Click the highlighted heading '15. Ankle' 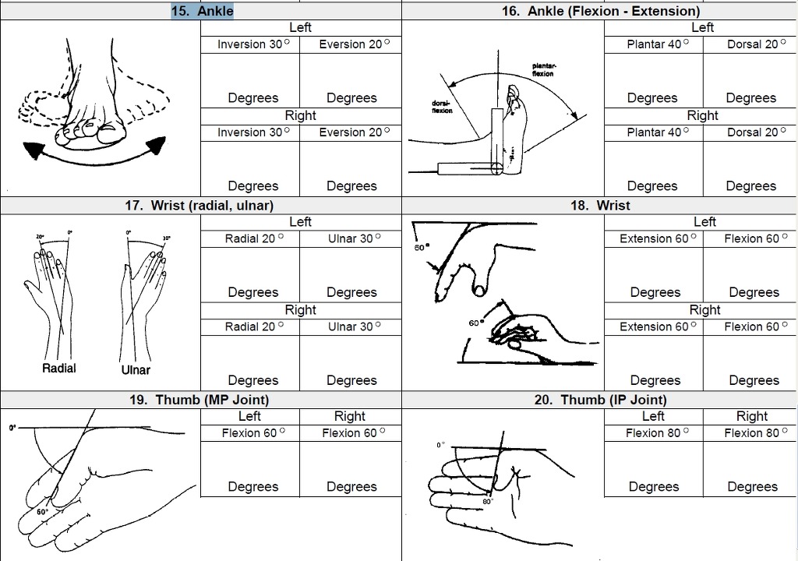pos(202,11)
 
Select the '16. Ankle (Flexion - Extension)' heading pos(601,11)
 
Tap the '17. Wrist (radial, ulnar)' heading pos(199,205)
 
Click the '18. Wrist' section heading pos(600,205)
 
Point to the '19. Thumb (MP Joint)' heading pos(199,400)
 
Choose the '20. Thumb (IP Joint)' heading pos(601,400)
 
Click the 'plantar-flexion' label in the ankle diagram pos(544,70)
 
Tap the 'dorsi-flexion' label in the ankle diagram pos(442,107)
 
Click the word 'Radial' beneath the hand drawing pos(59,368)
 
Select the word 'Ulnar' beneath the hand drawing pos(136,369)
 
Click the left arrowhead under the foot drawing pos(32,150)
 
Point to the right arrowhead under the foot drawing pos(157,145)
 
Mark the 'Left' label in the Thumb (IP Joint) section pos(653,416)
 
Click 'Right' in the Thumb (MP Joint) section pos(350,416)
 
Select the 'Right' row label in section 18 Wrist pos(704,310)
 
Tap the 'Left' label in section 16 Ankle pos(702,27)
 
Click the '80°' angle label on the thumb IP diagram pos(488,502)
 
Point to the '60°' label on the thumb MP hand pos(42,511)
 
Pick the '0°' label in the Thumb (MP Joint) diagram pos(12,428)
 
